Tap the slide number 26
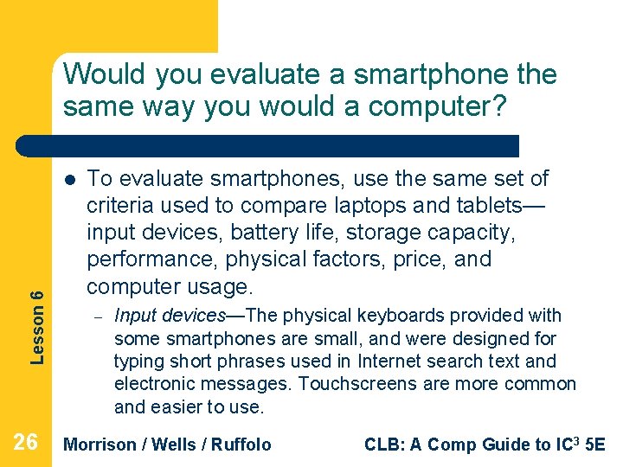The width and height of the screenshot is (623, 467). [x=26, y=443]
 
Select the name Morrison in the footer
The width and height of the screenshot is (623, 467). [x=100, y=445]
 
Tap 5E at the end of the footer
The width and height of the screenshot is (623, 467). [x=595, y=445]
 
